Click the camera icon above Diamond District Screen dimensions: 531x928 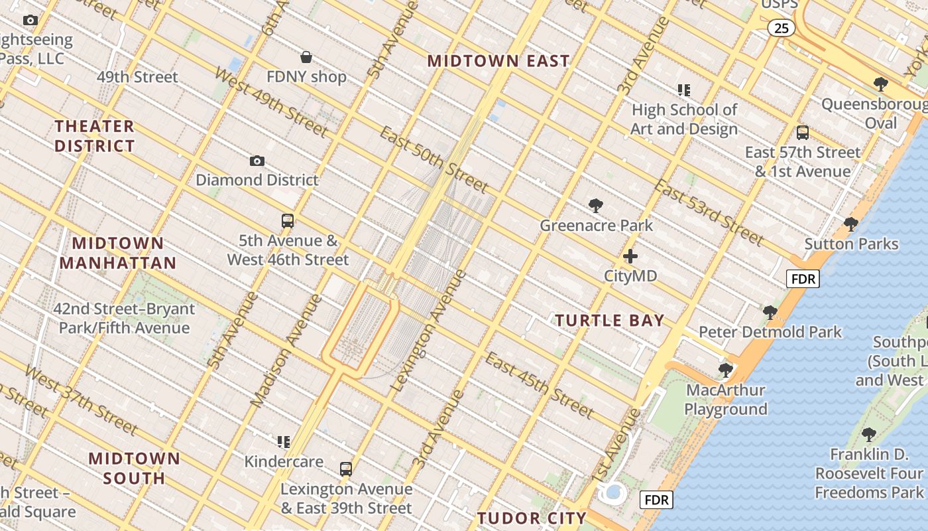[257, 161]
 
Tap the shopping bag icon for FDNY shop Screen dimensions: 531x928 [306, 57]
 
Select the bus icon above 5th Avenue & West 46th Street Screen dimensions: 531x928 [288, 221]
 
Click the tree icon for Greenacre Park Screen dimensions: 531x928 [596, 206]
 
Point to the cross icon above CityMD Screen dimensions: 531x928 [630, 256]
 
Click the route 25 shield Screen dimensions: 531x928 [782, 28]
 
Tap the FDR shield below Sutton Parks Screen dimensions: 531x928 [803, 279]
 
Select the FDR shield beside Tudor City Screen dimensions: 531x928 [656, 500]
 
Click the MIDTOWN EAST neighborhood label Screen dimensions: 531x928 [498, 61]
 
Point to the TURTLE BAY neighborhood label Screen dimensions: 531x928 [609, 321]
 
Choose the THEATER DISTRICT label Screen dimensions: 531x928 [95, 136]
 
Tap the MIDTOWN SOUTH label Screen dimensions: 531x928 [135, 468]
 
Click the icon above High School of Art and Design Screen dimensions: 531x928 [683, 90]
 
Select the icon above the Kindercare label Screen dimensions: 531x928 [284, 441]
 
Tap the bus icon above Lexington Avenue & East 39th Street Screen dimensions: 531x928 [346, 469]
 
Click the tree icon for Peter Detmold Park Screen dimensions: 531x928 [770, 312]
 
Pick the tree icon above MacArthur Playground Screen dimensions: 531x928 [726, 370]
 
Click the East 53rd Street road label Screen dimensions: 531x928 [709, 211]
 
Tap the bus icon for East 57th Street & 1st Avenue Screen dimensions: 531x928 [803, 133]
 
